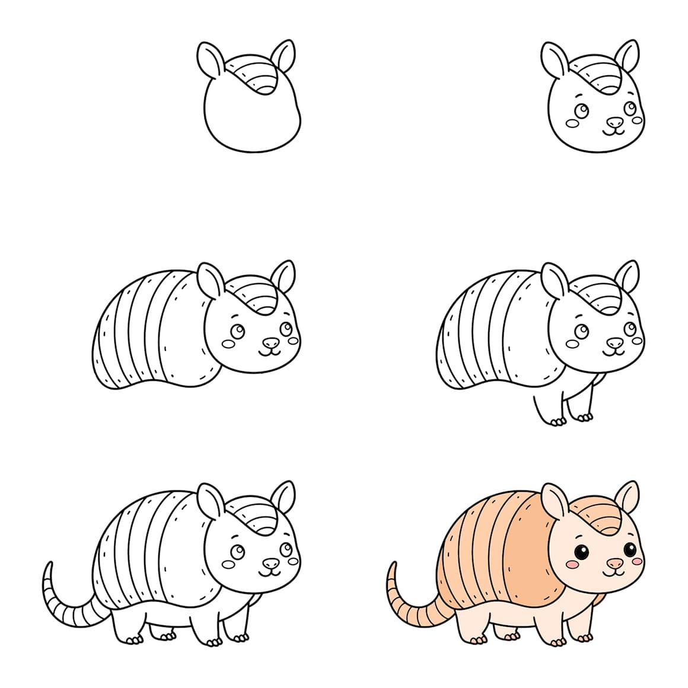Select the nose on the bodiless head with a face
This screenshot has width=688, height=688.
(614, 122)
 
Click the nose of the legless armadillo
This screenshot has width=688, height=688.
(270, 343)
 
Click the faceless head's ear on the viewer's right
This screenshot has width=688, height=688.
(283, 57)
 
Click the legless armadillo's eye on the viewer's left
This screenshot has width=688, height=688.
(237, 331)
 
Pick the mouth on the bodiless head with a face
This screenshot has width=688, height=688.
(614, 132)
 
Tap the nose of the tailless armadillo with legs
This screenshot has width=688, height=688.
(614, 343)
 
